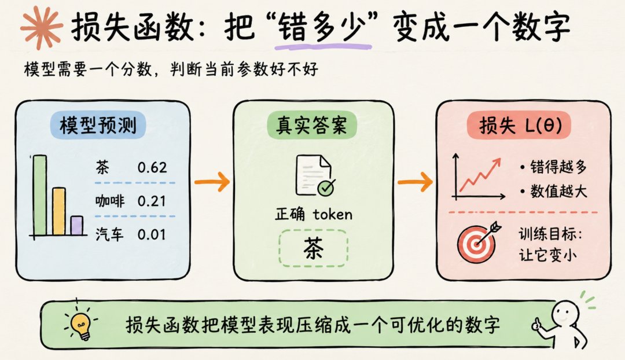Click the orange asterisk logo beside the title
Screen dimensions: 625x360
(x=42, y=27)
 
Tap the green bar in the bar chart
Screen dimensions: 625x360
(x=40, y=196)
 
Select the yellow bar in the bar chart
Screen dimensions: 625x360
(x=59, y=211)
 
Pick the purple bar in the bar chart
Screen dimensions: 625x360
(x=77, y=226)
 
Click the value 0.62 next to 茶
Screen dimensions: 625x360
(x=152, y=167)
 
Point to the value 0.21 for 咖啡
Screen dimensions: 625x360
(x=152, y=201)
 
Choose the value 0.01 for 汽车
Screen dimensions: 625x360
(x=152, y=234)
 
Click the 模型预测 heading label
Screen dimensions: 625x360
(x=98, y=125)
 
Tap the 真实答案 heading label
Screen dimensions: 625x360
(x=312, y=125)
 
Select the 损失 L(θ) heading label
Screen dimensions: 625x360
(x=519, y=126)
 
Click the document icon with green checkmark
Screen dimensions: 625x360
(x=315, y=175)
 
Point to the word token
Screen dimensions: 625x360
(x=332, y=215)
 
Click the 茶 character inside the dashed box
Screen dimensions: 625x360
(x=313, y=248)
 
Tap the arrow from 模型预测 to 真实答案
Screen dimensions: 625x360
(x=212, y=182)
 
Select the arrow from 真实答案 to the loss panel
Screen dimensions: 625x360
(x=415, y=182)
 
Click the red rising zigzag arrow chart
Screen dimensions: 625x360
(x=480, y=176)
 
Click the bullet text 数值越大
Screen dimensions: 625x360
(x=558, y=191)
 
